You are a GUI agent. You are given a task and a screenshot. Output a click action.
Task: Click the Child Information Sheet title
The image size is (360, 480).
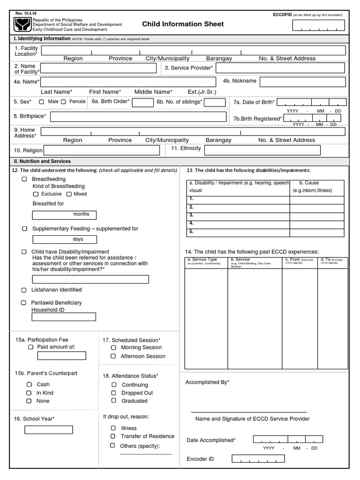[183, 24]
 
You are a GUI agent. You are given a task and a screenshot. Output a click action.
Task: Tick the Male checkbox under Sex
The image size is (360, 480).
[42, 102]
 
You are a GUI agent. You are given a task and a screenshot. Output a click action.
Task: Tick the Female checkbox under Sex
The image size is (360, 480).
[64, 102]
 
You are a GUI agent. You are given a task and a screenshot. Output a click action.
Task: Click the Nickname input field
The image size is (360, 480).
[302, 82]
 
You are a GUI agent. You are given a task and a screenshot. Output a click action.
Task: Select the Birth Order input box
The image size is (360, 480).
[143, 102]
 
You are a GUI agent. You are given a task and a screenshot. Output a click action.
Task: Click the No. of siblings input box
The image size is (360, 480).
[215, 102]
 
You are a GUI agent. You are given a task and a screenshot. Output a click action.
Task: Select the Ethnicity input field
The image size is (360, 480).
[262, 150]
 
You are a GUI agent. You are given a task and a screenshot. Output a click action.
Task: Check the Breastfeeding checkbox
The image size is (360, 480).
[24, 179]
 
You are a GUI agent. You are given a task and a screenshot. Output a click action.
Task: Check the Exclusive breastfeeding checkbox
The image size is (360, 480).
[36, 194]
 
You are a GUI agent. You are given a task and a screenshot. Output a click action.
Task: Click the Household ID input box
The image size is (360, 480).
[64, 317]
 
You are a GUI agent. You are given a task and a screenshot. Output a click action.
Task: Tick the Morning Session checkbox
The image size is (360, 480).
[113, 348]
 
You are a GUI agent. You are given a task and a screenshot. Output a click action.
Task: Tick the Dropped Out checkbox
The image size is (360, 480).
[113, 393]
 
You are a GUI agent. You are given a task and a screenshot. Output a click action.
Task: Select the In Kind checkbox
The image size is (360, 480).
[29, 393]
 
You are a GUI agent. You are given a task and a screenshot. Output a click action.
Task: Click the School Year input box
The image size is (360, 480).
[49, 430]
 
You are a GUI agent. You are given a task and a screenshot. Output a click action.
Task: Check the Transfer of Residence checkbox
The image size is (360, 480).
[113, 436]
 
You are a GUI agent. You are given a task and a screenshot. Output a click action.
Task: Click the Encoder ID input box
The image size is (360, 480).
[264, 459]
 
